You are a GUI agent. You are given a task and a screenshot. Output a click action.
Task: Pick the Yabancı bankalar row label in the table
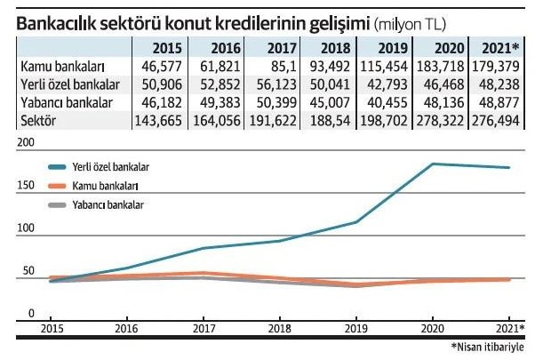point(64,101)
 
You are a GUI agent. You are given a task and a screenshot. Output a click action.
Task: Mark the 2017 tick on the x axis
point(204,327)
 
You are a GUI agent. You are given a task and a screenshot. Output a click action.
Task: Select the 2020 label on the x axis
point(433,327)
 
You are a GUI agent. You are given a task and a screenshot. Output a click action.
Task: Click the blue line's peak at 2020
point(433,164)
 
